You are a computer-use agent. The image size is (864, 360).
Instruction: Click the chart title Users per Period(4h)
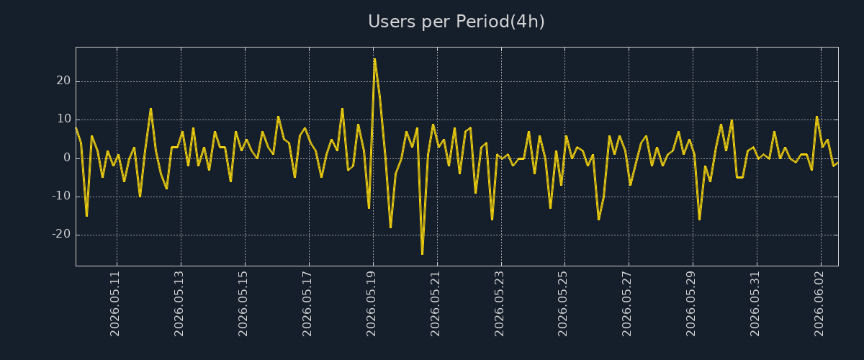[456, 22]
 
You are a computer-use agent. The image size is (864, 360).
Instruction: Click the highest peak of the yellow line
[374, 59]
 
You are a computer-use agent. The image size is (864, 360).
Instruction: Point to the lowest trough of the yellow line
[423, 254]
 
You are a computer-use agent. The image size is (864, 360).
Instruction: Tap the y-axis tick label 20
[63, 81]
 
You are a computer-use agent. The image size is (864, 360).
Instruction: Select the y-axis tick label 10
[64, 119]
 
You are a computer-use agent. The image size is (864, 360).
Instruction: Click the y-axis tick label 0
[67, 158]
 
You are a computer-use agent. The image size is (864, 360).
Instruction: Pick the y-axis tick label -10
[62, 196]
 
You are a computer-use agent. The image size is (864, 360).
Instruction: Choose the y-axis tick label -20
[62, 234]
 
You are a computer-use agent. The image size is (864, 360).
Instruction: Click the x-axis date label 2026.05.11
[115, 304]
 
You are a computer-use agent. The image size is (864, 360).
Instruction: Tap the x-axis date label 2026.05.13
[179, 304]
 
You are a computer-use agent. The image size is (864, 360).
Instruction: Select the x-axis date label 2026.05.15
[243, 304]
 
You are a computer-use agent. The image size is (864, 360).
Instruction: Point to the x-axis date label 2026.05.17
[307, 304]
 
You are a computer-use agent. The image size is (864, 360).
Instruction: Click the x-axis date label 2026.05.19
[371, 304]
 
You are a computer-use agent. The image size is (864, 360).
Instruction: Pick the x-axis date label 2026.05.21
[435, 304]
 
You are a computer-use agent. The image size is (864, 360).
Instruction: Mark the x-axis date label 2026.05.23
[499, 304]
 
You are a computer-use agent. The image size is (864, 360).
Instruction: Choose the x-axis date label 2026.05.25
[563, 304]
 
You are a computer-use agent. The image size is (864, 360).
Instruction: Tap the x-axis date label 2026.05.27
[627, 304]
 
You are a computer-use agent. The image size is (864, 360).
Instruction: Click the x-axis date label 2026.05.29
[690, 304]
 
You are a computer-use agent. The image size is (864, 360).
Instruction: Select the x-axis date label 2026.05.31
[755, 304]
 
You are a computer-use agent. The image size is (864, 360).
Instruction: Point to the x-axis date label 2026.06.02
[819, 304]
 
